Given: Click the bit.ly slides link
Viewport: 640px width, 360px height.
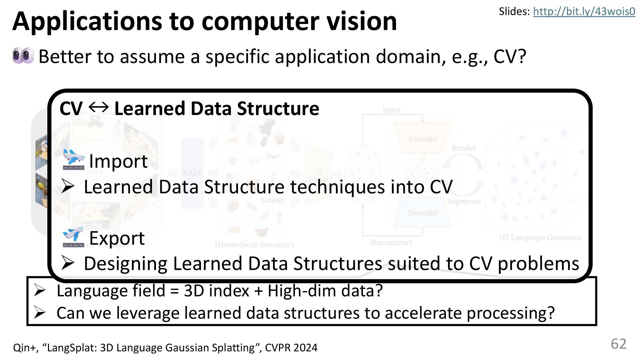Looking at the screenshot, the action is point(584,12).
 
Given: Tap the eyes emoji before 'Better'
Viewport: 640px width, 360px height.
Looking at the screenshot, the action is point(23,56).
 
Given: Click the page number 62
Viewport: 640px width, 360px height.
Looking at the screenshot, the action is point(618,344).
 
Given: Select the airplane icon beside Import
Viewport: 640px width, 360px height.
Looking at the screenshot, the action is point(73,160).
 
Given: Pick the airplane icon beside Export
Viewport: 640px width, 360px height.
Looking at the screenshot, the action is point(73,237).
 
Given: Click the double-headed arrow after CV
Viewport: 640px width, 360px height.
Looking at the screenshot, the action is point(99,107).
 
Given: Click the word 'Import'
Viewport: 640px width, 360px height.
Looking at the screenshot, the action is point(118,161).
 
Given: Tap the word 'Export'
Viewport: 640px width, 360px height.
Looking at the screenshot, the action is point(117,238).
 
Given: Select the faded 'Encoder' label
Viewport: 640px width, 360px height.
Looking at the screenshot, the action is point(422,139).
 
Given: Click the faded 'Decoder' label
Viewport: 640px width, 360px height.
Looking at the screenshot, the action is point(422,213).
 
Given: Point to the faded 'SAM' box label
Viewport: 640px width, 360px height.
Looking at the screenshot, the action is point(192,173).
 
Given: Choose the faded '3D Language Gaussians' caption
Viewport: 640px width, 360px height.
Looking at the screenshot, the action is point(539,237).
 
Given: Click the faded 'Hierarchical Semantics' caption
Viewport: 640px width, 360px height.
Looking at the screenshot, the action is point(254,244).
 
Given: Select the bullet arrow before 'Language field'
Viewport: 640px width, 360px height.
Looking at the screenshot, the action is point(39,291).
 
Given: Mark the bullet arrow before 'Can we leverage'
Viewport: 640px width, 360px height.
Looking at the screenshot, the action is point(39,313).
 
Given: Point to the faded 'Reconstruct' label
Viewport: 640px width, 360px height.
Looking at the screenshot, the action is point(391,242).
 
